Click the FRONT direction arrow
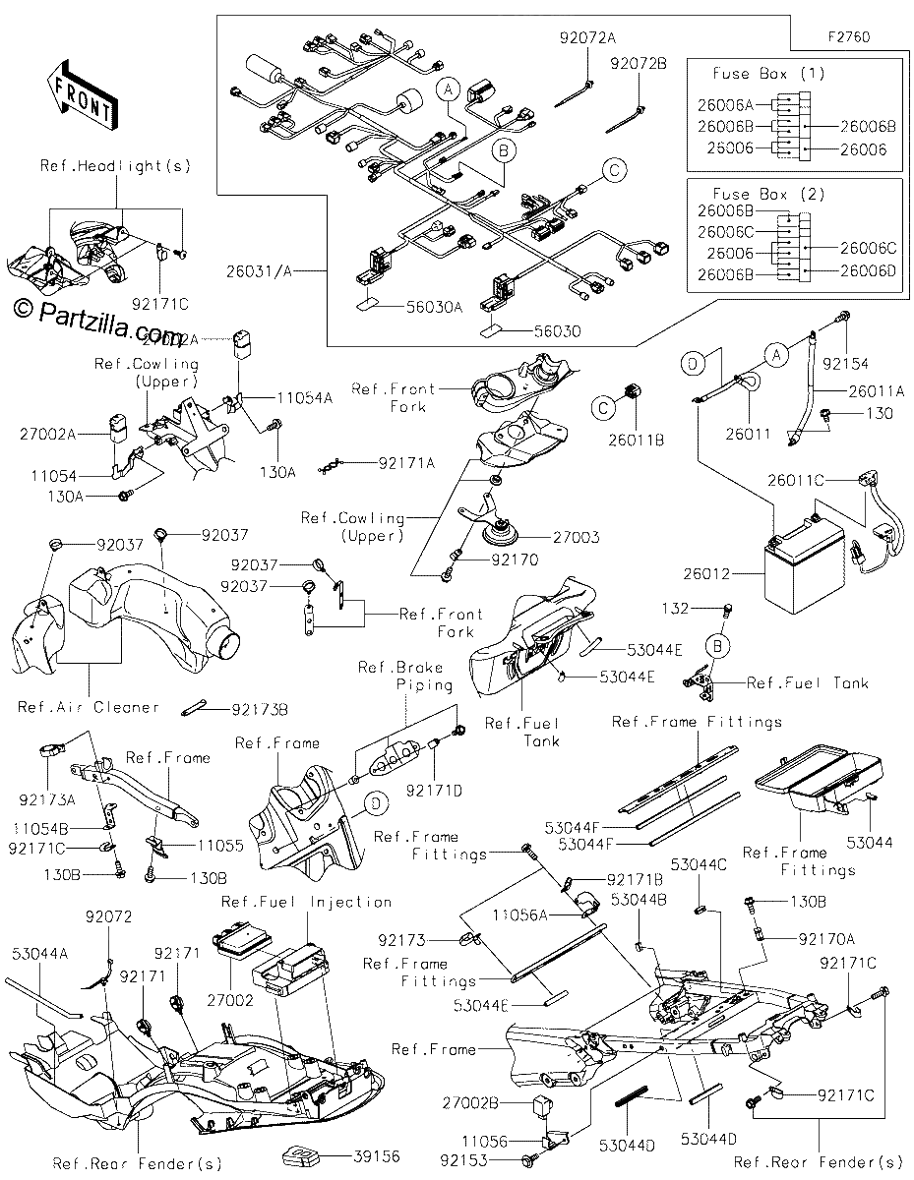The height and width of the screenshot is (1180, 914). (83, 95)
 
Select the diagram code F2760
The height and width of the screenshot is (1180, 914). (849, 37)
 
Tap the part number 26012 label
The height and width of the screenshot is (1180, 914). (706, 573)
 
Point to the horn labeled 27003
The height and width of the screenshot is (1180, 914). (501, 535)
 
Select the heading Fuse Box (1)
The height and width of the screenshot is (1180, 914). (769, 74)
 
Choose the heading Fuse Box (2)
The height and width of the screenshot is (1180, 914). (769, 194)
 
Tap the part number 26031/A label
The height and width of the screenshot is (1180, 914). (259, 271)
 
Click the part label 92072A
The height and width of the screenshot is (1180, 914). (588, 38)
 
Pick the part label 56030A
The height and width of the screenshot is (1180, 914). (435, 307)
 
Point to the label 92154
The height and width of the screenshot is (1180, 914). (845, 363)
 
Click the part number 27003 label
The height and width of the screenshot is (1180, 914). (577, 537)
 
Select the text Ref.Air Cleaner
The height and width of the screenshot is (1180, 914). (89, 706)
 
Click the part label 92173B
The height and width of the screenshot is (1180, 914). (260, 709)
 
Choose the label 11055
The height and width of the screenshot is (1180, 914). (220, 845)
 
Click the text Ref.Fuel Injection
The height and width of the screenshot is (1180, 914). (306, 902)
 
